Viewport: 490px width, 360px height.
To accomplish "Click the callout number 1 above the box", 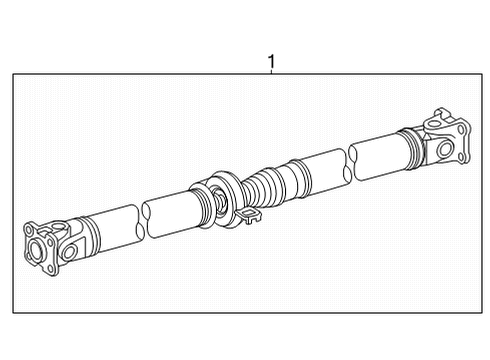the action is click(x=272, y=62).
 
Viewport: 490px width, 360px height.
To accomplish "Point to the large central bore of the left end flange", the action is click(x=34, y=249).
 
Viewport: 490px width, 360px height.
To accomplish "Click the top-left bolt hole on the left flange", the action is click(x=29, y=230).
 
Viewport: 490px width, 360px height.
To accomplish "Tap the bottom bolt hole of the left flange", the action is click(x=51, y=269).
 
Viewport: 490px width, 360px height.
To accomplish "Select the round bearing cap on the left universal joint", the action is click(x=69, y=251).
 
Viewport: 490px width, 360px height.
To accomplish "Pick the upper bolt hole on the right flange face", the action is click(x=461, y=130).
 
